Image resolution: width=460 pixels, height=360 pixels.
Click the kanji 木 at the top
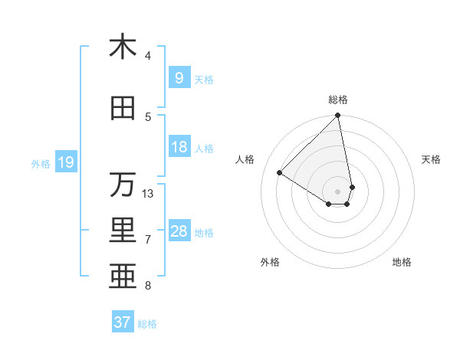click(x=123, y=47)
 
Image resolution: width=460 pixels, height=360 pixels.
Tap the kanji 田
click(x=123, y=109)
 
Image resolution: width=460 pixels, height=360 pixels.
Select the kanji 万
click(x=123, y=185)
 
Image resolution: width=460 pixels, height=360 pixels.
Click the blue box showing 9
click(x=179, y=78)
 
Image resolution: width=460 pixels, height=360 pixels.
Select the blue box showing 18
click(x=179, y=147)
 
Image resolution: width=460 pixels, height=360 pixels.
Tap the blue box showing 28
click(x=179, y=231)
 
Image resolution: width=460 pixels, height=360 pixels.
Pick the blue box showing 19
click(x=66, y=162)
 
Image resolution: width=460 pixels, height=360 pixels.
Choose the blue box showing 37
click(x=123, y=322)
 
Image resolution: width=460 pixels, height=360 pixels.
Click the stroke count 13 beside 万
click(x=148, y=194)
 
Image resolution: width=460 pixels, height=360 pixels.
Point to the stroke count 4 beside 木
click(x=148, y=56)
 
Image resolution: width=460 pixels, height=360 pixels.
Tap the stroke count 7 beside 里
click(x=148, y=240)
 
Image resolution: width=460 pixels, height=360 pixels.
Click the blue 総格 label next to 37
click(x=147, y=324)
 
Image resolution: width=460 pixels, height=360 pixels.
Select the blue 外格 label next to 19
click(x=41, y=163)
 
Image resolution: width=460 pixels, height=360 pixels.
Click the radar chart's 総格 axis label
click(x=338, y=100)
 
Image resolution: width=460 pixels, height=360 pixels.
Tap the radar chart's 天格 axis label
click(x=432, y=159)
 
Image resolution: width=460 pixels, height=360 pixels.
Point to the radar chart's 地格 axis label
click(x=402, y=263)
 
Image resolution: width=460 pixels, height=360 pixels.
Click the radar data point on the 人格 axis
click(x=280, y=172)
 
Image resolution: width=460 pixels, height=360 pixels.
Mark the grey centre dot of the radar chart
click(x=338, y=191)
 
